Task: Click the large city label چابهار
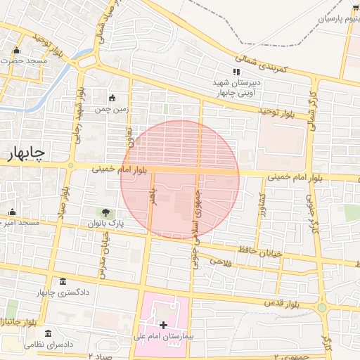pyautogui.click(x=26, y=153)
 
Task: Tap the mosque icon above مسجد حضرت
pyautogui.click(x=17, y=50)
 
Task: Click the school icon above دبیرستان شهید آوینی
pyautogui.click(x=237, y=72)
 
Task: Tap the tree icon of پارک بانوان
pyautogui.click(x=105, y=212)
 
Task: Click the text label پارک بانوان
pyautogui.click(x=105, y=223)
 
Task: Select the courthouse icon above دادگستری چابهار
pyautogui.click(x=64, y=281)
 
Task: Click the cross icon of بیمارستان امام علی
pyautogui.click(x=164, y=325)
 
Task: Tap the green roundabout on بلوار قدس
pyautogui.click(x=322, y=307)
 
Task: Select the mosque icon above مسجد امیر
pyautogui.click(x=11, y=212)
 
